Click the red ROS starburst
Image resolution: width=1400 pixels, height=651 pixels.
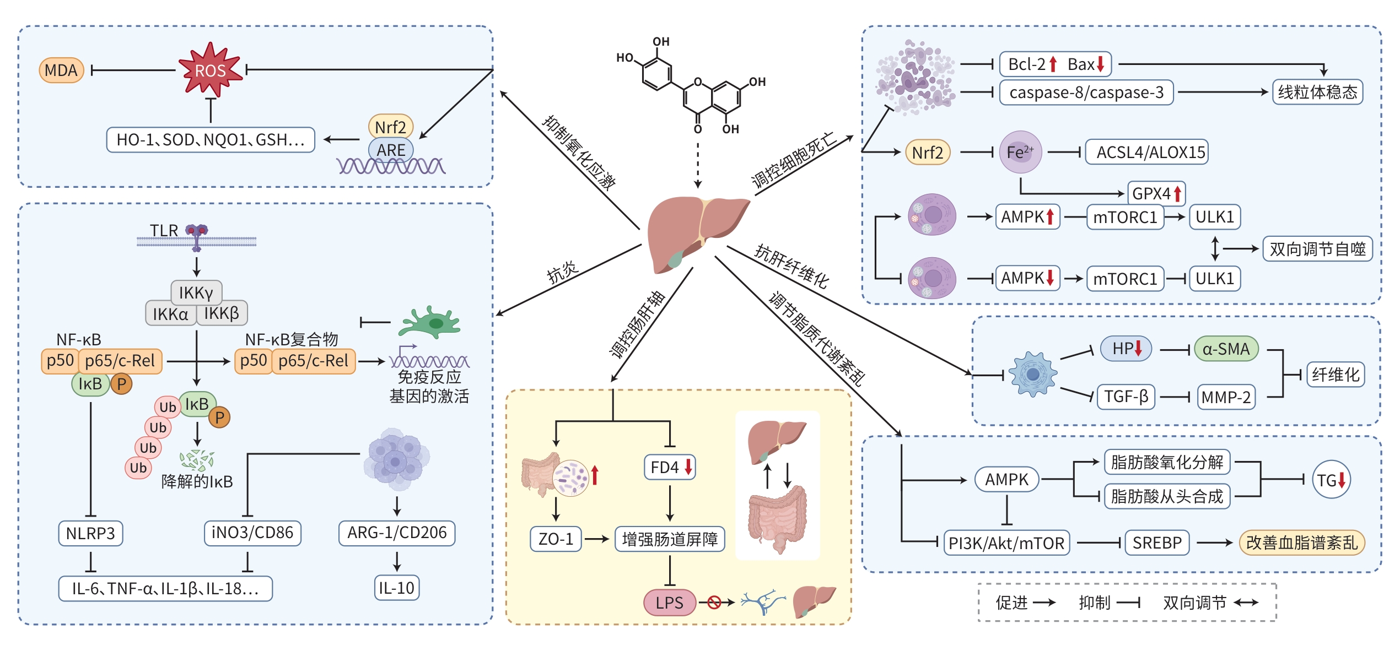tap(210, 70)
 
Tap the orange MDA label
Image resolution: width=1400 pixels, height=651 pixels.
tap(61, 70)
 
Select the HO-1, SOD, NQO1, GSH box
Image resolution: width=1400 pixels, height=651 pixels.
tap(211, 140)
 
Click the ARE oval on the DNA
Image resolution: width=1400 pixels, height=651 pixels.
tap(391, 150)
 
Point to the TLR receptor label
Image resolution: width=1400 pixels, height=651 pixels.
tap(164, 230)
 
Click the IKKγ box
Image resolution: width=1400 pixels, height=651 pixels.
tap(196, 292)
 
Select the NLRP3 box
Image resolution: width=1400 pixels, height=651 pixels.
tap(90, 533)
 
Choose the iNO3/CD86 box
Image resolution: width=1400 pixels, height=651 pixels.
tap(252, 533)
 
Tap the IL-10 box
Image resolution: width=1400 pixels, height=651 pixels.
tap(396, 588)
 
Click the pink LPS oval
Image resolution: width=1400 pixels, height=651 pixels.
tap(669, 603)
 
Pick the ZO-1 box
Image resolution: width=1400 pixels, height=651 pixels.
tap(556, 539)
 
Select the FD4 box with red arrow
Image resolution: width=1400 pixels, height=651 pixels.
tap(670, 467)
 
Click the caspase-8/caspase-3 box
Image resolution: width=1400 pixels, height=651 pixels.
tap(1086, 93)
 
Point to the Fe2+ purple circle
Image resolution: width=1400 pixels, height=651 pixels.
tap(1020, 152)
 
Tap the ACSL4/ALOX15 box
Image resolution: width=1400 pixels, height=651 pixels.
tap(1150, 152)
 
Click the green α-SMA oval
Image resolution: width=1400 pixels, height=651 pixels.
tap(1226, 349)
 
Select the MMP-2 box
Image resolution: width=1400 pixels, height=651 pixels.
tap(1226, 397)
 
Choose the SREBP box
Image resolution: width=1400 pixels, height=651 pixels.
tap(1157, 543)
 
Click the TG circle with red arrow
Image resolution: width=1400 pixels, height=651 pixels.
tap(1331, 480)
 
